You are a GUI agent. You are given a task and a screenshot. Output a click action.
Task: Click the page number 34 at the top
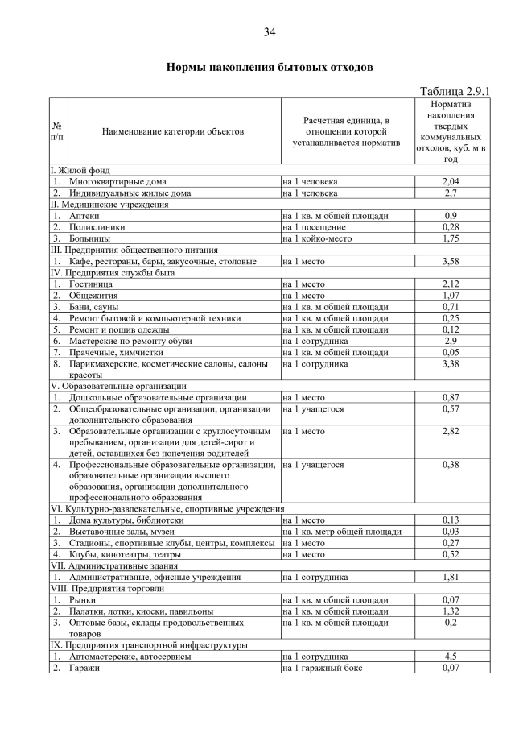[270, 32]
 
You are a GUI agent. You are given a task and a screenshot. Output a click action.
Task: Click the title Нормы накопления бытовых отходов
[270, 67]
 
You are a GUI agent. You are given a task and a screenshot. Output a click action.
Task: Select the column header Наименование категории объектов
[173, 130]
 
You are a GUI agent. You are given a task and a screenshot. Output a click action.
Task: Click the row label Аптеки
[84, 216]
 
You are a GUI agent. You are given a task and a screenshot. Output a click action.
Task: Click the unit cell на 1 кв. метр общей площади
[342, 532]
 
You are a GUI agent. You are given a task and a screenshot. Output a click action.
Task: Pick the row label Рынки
[83, 600]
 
